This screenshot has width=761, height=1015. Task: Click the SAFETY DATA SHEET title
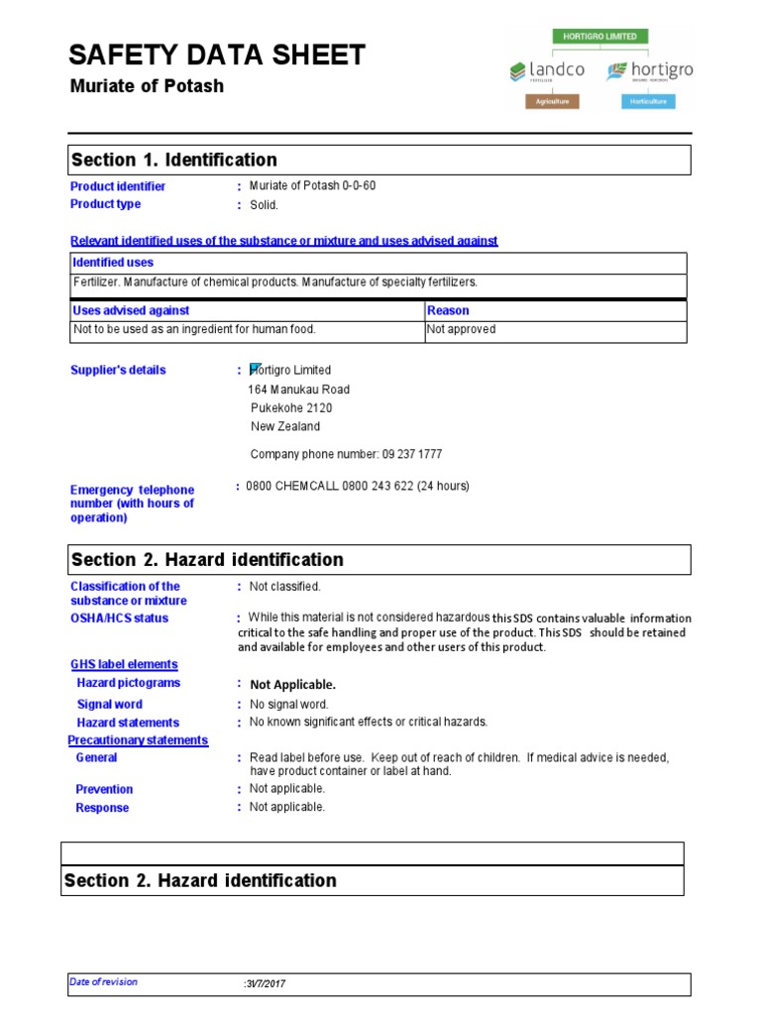[217, 56]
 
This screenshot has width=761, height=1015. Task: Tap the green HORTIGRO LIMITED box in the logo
[601, 37]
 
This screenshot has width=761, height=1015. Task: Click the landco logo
[548, 71]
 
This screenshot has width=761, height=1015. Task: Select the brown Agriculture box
[552, 101]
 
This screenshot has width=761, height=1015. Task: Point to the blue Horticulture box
[647, 101]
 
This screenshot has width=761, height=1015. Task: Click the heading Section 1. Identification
[174, 160]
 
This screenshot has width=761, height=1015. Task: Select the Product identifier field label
[118, 186]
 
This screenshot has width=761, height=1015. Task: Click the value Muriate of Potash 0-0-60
[312, 186]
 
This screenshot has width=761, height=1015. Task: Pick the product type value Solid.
[264, 205]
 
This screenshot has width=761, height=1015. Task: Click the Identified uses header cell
[113, 263]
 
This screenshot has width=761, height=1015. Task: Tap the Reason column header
[448, 310]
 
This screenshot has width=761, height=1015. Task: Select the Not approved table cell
[461, 329]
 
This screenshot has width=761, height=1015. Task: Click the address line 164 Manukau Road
[298, 390]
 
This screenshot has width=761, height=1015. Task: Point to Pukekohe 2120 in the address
[291, 408]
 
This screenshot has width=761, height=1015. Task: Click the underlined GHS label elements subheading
[124, 664]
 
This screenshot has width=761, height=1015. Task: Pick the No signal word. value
[288, 705]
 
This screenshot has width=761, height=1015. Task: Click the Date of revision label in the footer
[103, 982]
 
